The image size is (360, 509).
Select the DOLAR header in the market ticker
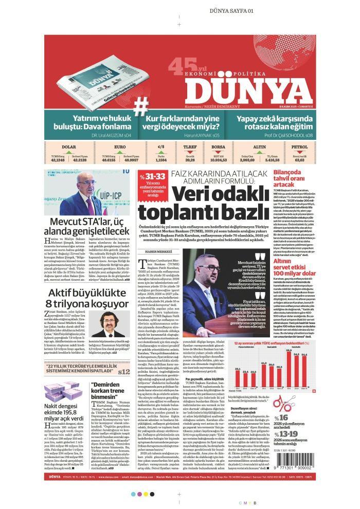pyautogui.click(x=68, y=147)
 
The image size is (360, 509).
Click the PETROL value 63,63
pyautogui.click(x=299, y=160)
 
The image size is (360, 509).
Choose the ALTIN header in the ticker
pyautogui.click(x=259, y=147)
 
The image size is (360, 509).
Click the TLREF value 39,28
pyautogui.click(x=190, y=160)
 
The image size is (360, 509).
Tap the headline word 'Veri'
pyautogui.click(x=194, y=195)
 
